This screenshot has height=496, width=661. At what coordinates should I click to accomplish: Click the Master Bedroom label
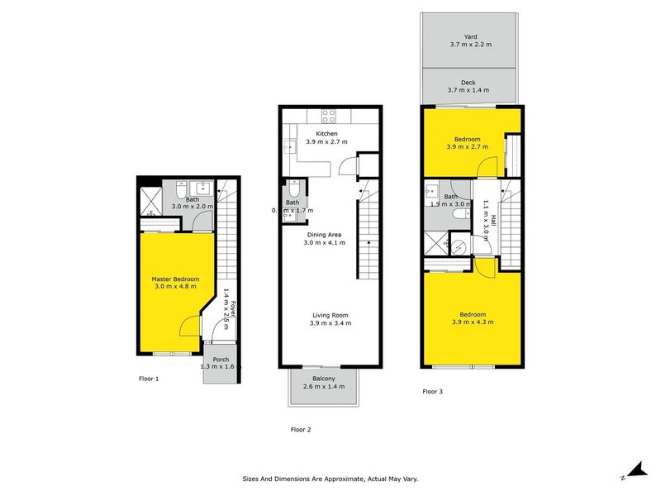[x=174, y=279]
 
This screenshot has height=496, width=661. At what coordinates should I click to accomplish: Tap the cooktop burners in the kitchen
[x=328, y=117]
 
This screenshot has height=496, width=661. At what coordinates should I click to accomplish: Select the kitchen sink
[x=289, y=148]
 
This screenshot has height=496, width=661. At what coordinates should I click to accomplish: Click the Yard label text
[x=470, y=36]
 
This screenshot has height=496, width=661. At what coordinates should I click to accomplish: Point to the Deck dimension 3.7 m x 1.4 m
[x=470, y=91]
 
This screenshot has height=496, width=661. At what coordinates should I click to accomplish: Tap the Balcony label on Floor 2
[x=324, y=378]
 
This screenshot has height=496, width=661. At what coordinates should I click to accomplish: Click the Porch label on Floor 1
[x=221, y=359]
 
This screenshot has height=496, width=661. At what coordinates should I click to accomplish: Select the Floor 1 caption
[x=148, y=378]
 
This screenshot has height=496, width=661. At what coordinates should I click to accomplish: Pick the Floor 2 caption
[x=300, y=429]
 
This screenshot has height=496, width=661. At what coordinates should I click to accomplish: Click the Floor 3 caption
[x=433, y=391]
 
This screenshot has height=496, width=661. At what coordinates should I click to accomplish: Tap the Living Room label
[x=330, y=314]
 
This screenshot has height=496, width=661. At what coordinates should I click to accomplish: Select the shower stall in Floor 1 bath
[x=150, y=198]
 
